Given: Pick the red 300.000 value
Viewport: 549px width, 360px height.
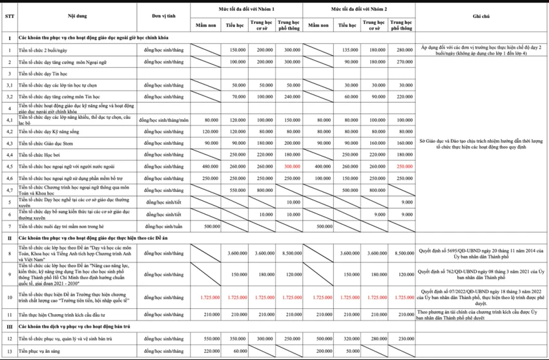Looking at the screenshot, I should [293, 166].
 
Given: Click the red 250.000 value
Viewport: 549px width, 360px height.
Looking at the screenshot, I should [405, 166].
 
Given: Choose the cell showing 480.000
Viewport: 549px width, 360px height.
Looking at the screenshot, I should [210, 166].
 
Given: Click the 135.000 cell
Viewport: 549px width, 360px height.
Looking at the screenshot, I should [349, 50].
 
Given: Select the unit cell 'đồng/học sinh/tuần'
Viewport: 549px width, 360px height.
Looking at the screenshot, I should [165, 226].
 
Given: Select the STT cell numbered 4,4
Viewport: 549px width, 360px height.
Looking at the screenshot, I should [10, 154].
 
